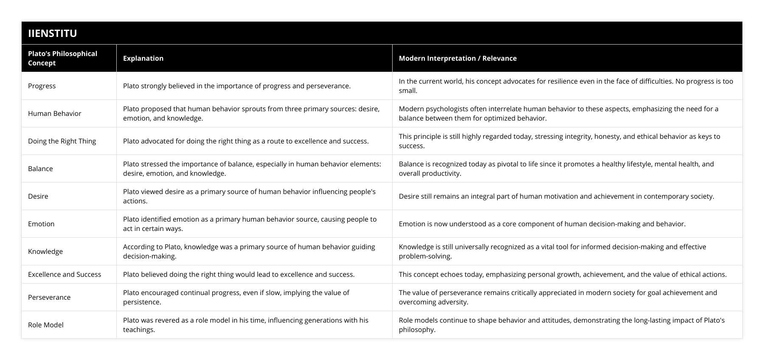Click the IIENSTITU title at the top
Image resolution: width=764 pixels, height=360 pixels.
coord(53,33)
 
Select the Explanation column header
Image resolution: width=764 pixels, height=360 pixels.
coord(143,58)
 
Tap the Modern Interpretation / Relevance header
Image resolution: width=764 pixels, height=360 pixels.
coord(458,58)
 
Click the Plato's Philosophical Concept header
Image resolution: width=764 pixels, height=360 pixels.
coord(62,58)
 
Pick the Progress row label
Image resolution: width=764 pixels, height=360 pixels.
coord(42,86)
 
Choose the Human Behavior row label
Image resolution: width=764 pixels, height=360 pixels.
coord(54,113)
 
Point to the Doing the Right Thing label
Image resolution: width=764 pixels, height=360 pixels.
coord(62,141)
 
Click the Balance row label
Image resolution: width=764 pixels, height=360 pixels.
coord(40,169)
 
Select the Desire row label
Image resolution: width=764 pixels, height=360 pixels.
coord(38,196)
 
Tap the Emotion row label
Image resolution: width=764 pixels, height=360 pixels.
coord(41,224)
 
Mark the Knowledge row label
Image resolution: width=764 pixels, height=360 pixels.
coord(45,251)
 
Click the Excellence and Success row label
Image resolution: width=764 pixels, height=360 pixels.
coord(65,274)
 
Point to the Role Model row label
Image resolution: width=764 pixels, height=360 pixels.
coord(45,325)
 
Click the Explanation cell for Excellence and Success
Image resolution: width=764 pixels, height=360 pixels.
coord(239,274)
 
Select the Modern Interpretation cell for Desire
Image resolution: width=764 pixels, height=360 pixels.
coord(556,196)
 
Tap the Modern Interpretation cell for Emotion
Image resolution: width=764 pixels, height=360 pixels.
coord(542,224)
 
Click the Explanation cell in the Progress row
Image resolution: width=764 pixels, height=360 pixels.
coord(236,86)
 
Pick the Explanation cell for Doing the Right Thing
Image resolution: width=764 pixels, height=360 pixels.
coord(246,141)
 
